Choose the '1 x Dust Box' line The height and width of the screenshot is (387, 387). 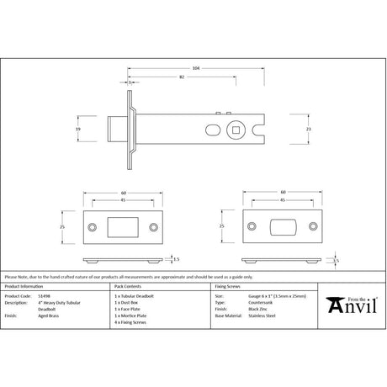coord(128,304)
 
